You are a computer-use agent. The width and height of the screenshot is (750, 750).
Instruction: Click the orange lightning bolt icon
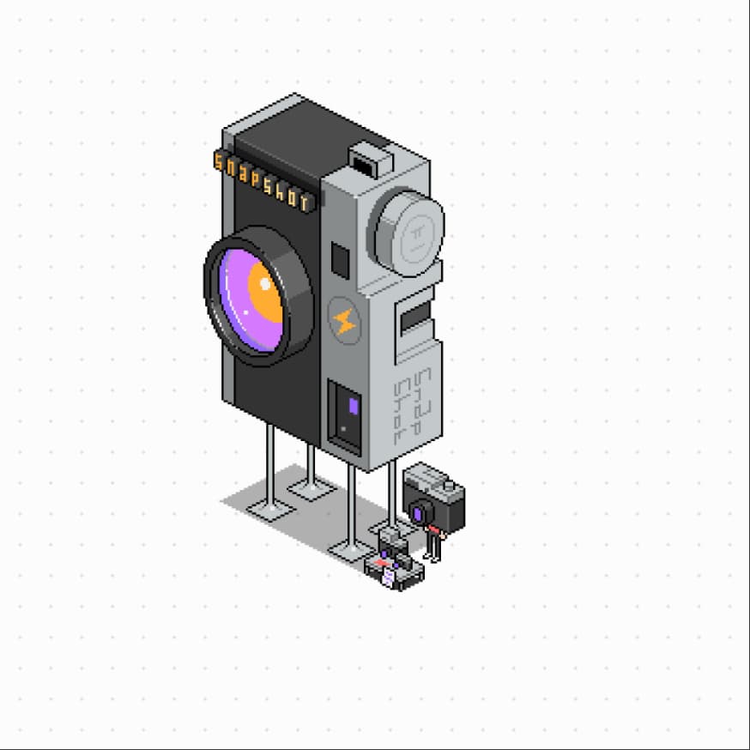pos(344,321)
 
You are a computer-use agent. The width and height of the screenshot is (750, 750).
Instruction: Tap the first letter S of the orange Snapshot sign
pos(219,161)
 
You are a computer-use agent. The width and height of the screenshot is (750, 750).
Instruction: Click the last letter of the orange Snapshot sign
pos(305,202)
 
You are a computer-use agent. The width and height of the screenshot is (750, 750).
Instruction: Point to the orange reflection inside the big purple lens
pos(265,293)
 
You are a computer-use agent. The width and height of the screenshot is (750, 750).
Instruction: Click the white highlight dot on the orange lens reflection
pos(265,284)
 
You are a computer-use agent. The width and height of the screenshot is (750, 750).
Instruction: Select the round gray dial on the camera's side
pos(410,233)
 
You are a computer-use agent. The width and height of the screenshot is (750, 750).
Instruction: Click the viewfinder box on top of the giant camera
pos(372,160)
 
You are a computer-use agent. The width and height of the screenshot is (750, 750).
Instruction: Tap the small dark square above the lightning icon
pos(340,260)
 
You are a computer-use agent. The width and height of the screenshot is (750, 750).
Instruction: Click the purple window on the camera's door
pos(354,406)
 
